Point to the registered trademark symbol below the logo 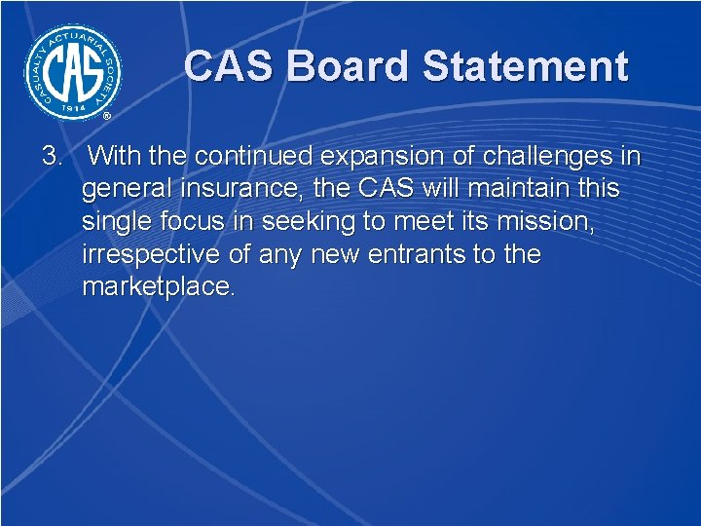107,116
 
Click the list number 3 52,155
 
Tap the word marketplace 159,287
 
